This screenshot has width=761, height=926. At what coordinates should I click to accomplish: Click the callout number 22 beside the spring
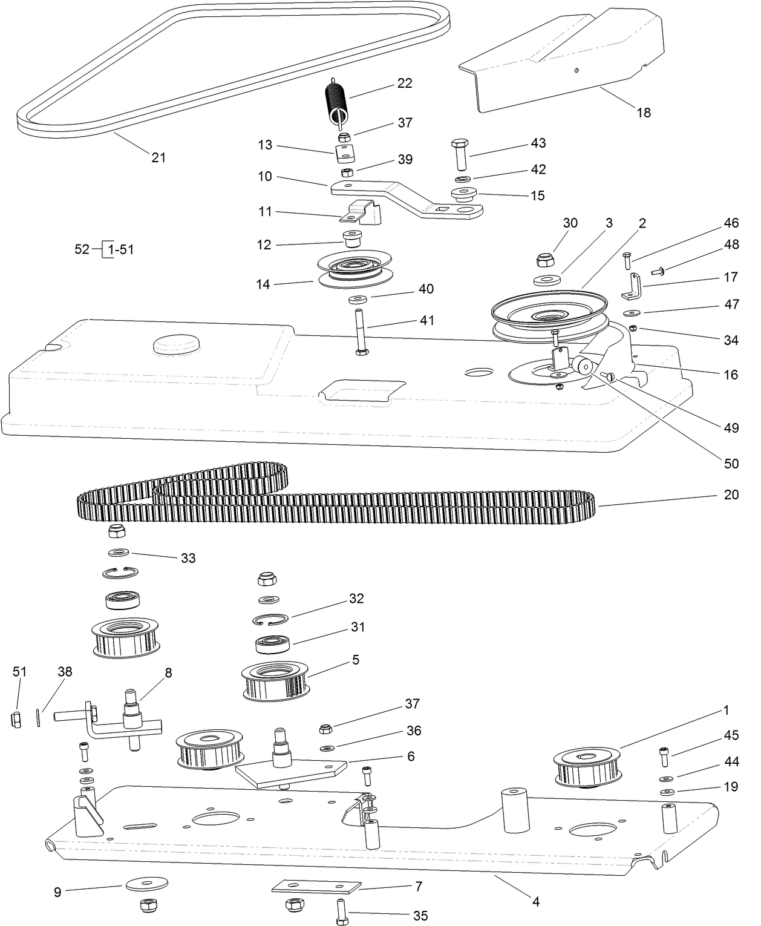(x=405, y=83)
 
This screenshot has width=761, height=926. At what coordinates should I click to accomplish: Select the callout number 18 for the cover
(x=644, y=113)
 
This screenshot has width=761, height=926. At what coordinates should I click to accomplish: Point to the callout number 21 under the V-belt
(x=158, y=157)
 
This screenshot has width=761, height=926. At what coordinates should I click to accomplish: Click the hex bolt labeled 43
(x=459, y=155)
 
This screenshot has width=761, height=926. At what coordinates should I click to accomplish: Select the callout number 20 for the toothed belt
(x=731, y=494)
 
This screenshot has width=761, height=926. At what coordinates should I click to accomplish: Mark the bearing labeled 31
(x=273, y=643)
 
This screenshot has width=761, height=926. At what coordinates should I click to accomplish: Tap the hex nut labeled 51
(x=17, y=720)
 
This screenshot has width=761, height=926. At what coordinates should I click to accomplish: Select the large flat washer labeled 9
(x=147, y=884)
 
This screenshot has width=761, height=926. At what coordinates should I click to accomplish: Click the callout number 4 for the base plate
(x=535, y=902)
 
